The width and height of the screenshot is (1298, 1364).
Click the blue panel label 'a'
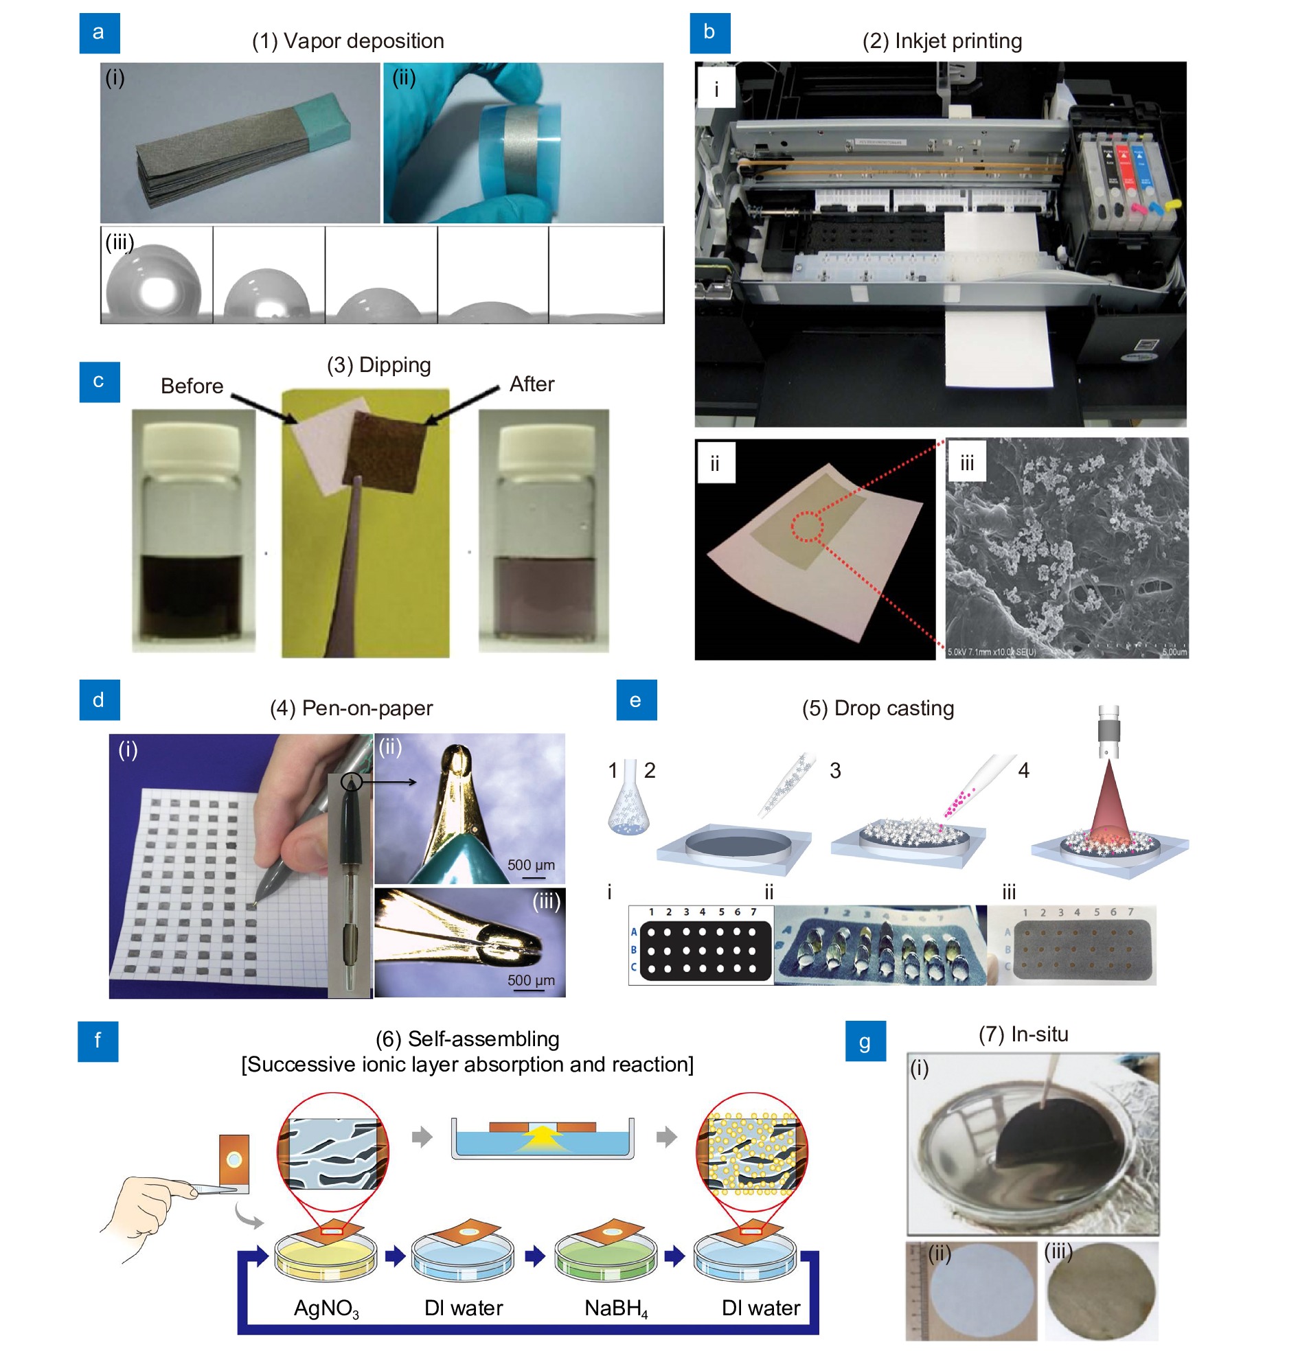(99, 32)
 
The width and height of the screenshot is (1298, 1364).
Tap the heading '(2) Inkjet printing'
(941, 41)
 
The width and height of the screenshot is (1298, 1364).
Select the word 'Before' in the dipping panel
(192, 386)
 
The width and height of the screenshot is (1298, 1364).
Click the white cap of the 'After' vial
(544, 439)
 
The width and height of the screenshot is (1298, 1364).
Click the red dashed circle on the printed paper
(807, 527)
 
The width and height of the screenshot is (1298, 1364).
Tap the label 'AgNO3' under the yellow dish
(326, 1308)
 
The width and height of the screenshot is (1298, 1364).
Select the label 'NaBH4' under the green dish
(615, 1308)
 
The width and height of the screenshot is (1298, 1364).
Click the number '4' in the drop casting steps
(1023, 770)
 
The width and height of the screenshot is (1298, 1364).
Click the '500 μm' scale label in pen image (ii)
(531, 865)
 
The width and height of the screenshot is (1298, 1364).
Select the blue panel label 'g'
(865, 1041)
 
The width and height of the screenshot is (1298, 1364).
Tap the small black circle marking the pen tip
(352, 783)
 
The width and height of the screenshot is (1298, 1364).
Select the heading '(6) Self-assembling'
(467, 1039)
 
